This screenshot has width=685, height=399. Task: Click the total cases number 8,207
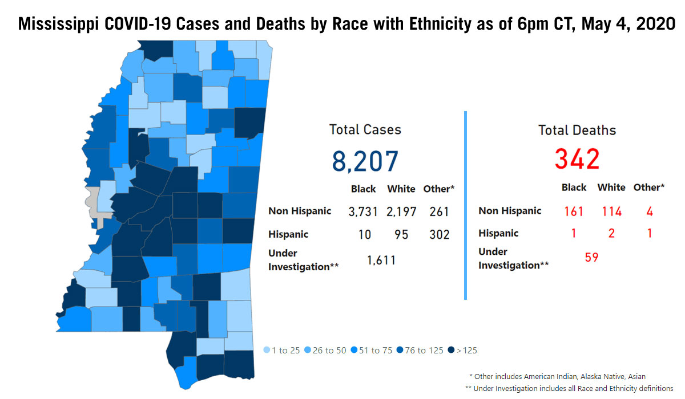pyautogui.click(x=365, y=161)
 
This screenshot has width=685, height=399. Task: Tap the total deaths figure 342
pyautogui.click(x=577, y=159)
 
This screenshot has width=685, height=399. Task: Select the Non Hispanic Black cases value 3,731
pyautogui.click(x=363, y=211)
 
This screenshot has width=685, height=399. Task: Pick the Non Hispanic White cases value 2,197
pyautogui.click(x=401, y=211)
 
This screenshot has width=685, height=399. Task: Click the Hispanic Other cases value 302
pyautogui.click(x=440, y=234)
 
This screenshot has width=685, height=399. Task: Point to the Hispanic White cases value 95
pyautogui.click(x=401, y=234)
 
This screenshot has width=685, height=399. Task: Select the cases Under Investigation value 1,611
pyautogui.click(x=381, y=260)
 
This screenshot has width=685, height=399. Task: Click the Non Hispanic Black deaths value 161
pyautogui.click(x=573, y=211)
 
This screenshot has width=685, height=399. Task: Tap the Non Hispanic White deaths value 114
pyautogui.click(x=611, y=211)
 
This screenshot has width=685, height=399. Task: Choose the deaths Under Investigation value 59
pyautogui.click(x=591, y=257)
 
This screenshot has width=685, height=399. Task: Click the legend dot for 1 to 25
pyautogui.click(x=267, y=350)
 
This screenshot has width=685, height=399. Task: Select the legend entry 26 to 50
pyautogui.click(x=325, y=350)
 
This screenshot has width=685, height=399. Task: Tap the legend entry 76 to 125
pyautogui.click(x=420, y=350)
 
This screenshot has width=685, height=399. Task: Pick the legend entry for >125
pyautogui.click(x=462, y=350)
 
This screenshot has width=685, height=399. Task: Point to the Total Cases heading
pyautogui.click(x=365, y=130)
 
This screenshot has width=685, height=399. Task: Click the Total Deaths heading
pyautogui.click(x=577, y=131)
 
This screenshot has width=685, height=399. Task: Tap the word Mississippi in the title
pyautogui.click(x=58, y=24)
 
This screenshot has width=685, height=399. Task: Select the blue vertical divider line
pyautogui.click(x=465, y=205)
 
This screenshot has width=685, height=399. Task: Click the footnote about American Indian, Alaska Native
pyautogui.click(x=557, y=376)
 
